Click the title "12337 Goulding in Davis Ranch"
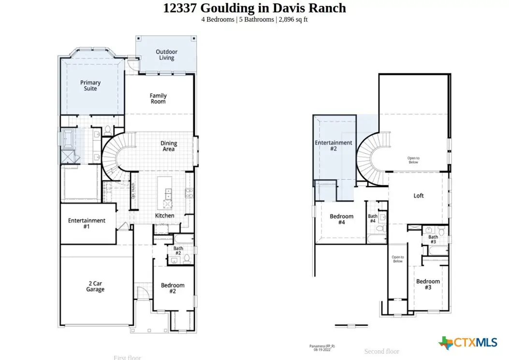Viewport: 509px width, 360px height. point(255,8)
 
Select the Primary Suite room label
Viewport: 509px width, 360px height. point(90,86)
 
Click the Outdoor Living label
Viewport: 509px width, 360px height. point(166,55)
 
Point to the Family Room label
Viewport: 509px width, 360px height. point(158,99)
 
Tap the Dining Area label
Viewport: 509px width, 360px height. point(169,146)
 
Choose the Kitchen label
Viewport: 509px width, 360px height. point(164,216)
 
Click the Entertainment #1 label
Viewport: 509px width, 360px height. point(87,223)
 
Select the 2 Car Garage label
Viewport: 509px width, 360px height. point(95,286)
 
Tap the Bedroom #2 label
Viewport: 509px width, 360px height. point(173,288)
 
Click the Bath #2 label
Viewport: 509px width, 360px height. point(178,250)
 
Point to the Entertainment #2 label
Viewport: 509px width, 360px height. point(333,145)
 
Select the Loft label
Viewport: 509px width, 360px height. point(419,196)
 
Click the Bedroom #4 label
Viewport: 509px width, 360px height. point(341,219)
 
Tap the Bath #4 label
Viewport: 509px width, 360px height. point(373,218)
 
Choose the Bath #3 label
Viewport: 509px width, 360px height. point(433,239)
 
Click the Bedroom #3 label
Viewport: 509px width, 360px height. point(428,284)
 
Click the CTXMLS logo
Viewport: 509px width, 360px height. point(468,343)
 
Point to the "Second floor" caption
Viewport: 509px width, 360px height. point(381,351)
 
